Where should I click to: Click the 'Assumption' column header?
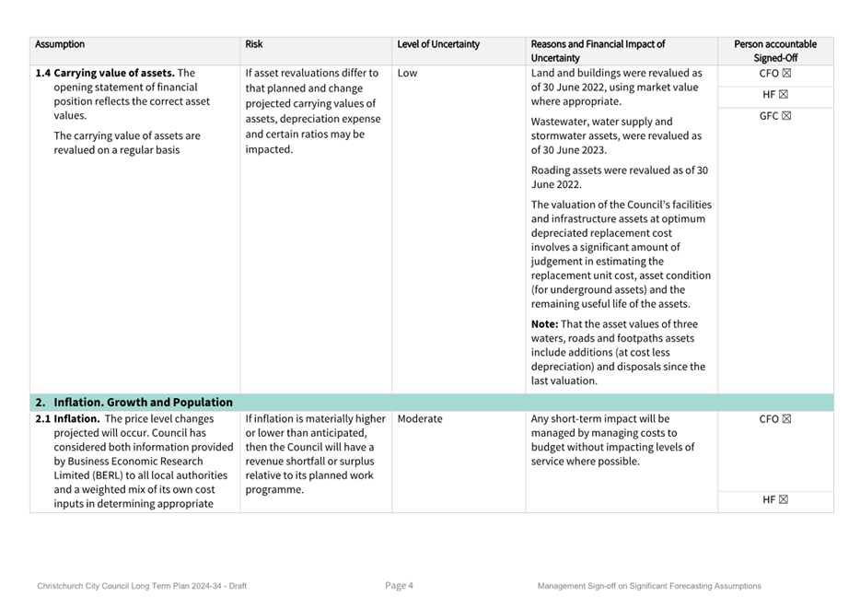click(x=60, y=44)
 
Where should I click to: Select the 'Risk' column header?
click(x=254, y=44)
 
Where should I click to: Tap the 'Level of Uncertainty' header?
click(x=438, y=44)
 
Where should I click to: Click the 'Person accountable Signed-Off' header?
click(x=774, y=51)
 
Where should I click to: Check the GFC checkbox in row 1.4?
click(x=786, y=116)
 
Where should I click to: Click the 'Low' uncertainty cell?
click(x=407, y=74)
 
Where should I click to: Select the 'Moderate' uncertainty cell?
click(x=420, y=419)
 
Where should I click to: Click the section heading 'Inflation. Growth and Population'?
click(x=143, y=403)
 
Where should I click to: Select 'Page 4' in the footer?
click(x=400, y=586)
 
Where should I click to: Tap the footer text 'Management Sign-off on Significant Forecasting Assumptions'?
click(x=649, y=586)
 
